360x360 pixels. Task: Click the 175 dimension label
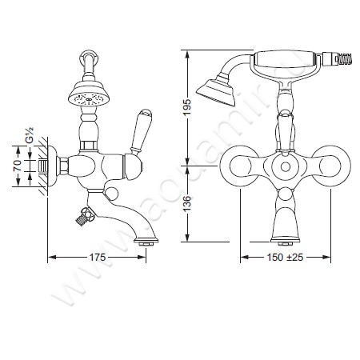pyautogui.click(x=97, y=258)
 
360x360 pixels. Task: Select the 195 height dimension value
pyautogui.click(x=187, y=107)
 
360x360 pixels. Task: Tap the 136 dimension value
pyautogui.click(x=187, y=204)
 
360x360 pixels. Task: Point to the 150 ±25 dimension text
pyautogui.click(x=285, y=258)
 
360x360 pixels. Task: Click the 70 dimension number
pyautogui.click(x=18, y=166)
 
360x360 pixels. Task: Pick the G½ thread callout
pyautogui.click(x=30, y=135)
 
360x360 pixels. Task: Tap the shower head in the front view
pyautogui.click(x=217, y=90)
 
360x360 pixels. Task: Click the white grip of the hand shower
pyautogui.click(x=284, y=61)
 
